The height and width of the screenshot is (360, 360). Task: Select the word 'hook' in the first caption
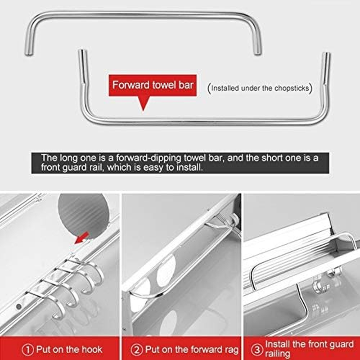(91, 349)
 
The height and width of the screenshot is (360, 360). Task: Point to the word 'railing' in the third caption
(280, 354)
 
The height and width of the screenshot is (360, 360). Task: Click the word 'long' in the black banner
(63, 157)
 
